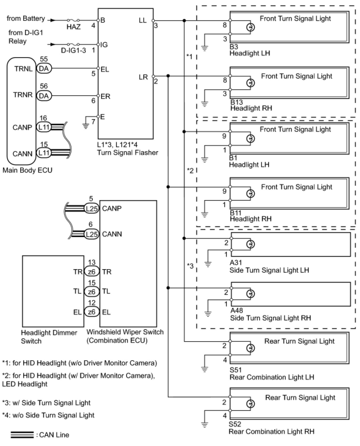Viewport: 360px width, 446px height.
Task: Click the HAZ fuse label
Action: pyautogui.click(x=73, y=27)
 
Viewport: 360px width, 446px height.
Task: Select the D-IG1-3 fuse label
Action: pyautogui.click(x=73, y=50)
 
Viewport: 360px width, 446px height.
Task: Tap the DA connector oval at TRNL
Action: pyautogui.click(x=44, y=68)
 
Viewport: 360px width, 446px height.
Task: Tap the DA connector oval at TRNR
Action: pyautogui.click(x=44, y=96)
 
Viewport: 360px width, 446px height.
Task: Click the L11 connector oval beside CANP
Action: pyautogui.click(x=44, y=127)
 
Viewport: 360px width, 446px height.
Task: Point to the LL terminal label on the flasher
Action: pyautogui.click(x=143, y=21)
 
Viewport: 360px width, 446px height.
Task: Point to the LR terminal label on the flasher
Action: pyautogui.click(x=143, y=77)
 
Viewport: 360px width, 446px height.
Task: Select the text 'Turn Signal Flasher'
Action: pyautogui.click(x=128, y=152)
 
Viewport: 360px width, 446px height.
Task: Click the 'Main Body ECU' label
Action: pyautogui.click(x=27, y=170)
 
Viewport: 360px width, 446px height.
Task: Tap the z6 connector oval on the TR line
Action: pyautogui.click(x=92, y=272)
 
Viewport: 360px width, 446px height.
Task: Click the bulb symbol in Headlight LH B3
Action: pyautogui.click(x=251, y=27)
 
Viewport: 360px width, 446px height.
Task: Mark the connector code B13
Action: pyautogui.click(x=237, y=102)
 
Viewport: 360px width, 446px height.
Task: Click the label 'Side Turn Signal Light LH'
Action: pyautogui.click(x=269, y=270)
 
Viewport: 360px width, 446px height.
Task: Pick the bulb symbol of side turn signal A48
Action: pyautogui.click(x=251, y=294)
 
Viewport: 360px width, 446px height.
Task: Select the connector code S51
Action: pyautogui.click(x=236, y=370)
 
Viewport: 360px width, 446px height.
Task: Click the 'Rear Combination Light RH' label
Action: pyautogui.click(x=272, y=431)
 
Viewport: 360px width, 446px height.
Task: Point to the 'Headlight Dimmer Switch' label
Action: pyautogui.click(x=49, y=337)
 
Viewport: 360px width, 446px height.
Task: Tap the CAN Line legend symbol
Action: pyautogui.click(x=22, y=435)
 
